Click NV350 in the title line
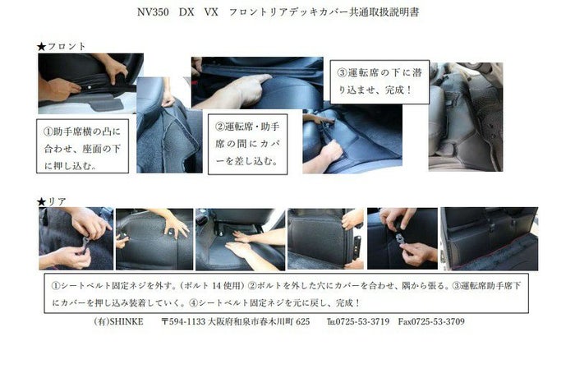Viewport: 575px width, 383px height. pos(153,12)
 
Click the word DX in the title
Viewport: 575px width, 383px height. pos(186,12)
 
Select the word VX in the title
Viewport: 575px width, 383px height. pos(211,12)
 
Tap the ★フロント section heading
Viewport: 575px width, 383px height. pos(62,46)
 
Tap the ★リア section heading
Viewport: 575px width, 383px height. pos(51,201)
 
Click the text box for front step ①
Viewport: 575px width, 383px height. pos(82,145)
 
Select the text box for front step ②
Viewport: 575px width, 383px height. pos(247,144)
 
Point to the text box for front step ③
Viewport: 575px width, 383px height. pos(379,82)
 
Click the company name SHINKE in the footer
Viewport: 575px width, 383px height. pos(126,321)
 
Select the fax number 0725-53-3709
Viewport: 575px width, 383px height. pos(438,321)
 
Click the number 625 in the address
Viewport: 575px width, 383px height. pos(302,321)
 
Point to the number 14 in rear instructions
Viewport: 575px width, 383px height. pos(218,286)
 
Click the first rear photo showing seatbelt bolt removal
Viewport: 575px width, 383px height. pos(76,238)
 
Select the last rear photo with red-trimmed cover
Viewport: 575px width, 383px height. pos(490,239)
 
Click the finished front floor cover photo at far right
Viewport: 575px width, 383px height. pos(466,117)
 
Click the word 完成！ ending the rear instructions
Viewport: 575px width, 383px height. pos(348,303)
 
